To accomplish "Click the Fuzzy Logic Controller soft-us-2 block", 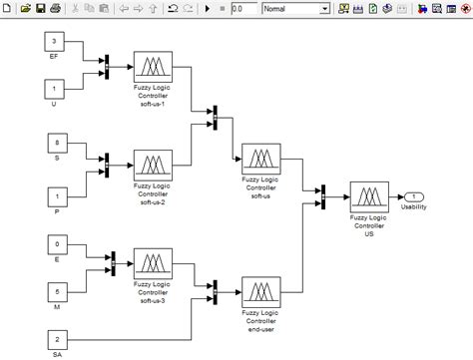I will point(152,164).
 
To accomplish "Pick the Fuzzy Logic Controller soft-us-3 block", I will point(152,265).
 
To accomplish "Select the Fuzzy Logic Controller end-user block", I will point(260,293).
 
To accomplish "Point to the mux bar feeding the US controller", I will point(324,195).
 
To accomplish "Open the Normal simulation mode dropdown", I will point(295,9).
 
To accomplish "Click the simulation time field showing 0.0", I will point(241,9).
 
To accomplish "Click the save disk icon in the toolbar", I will point(40,9).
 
